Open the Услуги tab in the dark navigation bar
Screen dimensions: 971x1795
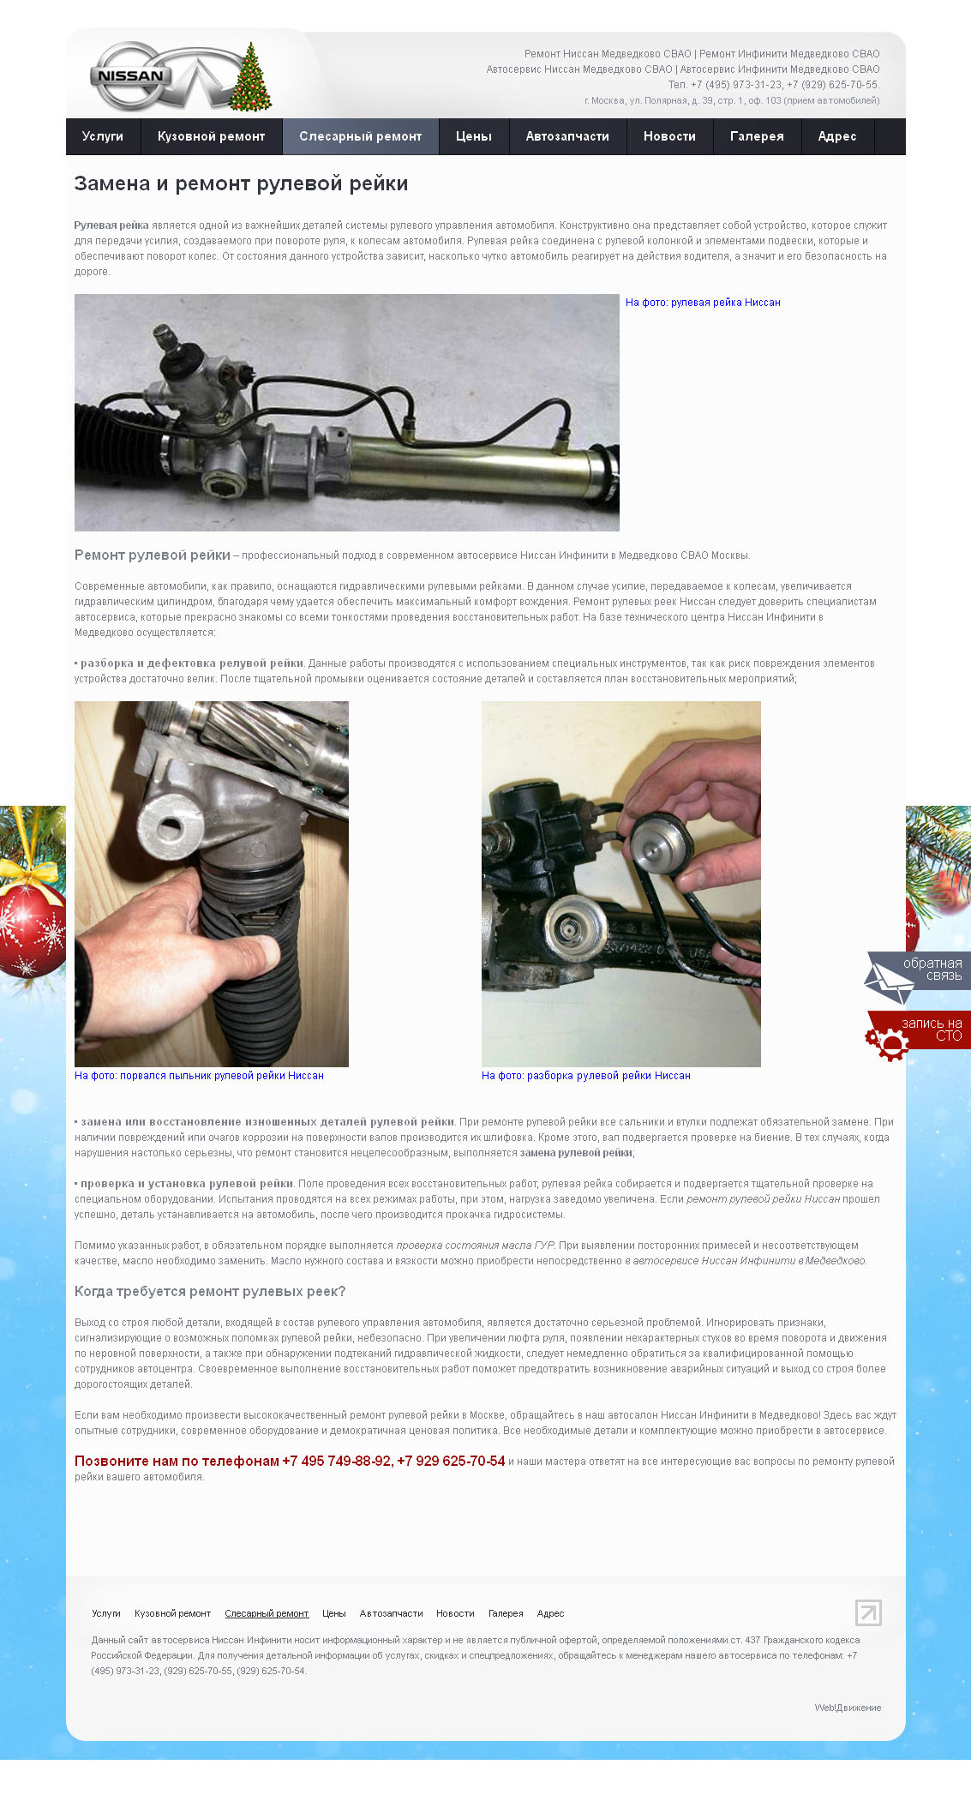(x=103, y=136)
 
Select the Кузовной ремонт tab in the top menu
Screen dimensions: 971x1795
(x=211, y=136)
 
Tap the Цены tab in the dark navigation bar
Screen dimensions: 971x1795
(x=473, y=136)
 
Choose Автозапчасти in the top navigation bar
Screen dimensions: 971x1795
(x=567, y=136)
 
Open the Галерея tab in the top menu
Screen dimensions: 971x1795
(x=757, y=136)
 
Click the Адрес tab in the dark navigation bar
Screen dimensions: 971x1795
(x=837, y=136)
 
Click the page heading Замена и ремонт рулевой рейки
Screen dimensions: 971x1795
(x=241, y=183)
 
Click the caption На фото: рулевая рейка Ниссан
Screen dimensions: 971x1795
(x=703, y=303)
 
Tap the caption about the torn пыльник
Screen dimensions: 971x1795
(x=199, y=1076)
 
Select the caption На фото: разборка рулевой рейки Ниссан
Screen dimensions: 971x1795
(x=586, y=1076)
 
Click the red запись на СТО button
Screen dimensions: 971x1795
(x=918, y=1033)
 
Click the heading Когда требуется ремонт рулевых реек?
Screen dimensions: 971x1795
(x=210, y=1292)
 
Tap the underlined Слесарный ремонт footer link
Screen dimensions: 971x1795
(x=267, y=1613)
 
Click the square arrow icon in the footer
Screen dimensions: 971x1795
(x=868, y=1612)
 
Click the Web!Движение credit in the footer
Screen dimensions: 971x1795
(x=848, y=1708)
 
